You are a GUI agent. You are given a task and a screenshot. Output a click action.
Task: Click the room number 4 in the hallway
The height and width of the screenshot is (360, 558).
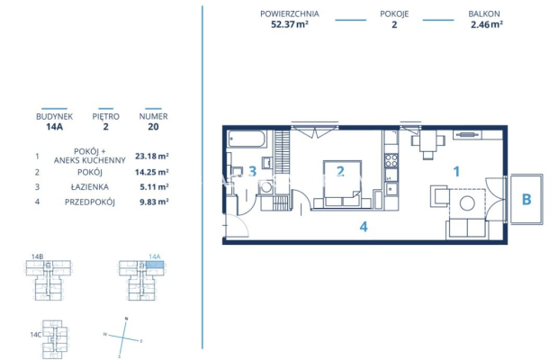tap(364, 227)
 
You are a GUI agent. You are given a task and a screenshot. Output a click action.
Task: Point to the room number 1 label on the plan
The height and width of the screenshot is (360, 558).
tap(456, 169)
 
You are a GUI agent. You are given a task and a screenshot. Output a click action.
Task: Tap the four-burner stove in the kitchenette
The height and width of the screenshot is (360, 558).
tap(391, 161)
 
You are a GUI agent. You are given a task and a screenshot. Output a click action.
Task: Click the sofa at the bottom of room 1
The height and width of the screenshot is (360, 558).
tap(466, 229)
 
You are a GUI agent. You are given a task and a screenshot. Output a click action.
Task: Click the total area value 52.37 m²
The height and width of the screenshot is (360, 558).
tap(289, 25)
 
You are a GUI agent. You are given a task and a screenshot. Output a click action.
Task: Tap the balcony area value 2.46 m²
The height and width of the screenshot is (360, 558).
tap(486, 25)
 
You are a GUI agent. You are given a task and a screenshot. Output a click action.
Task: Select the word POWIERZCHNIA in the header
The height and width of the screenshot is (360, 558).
tap(289, 13)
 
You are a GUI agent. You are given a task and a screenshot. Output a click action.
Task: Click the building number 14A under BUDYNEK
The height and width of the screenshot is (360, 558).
tap(54, 127)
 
